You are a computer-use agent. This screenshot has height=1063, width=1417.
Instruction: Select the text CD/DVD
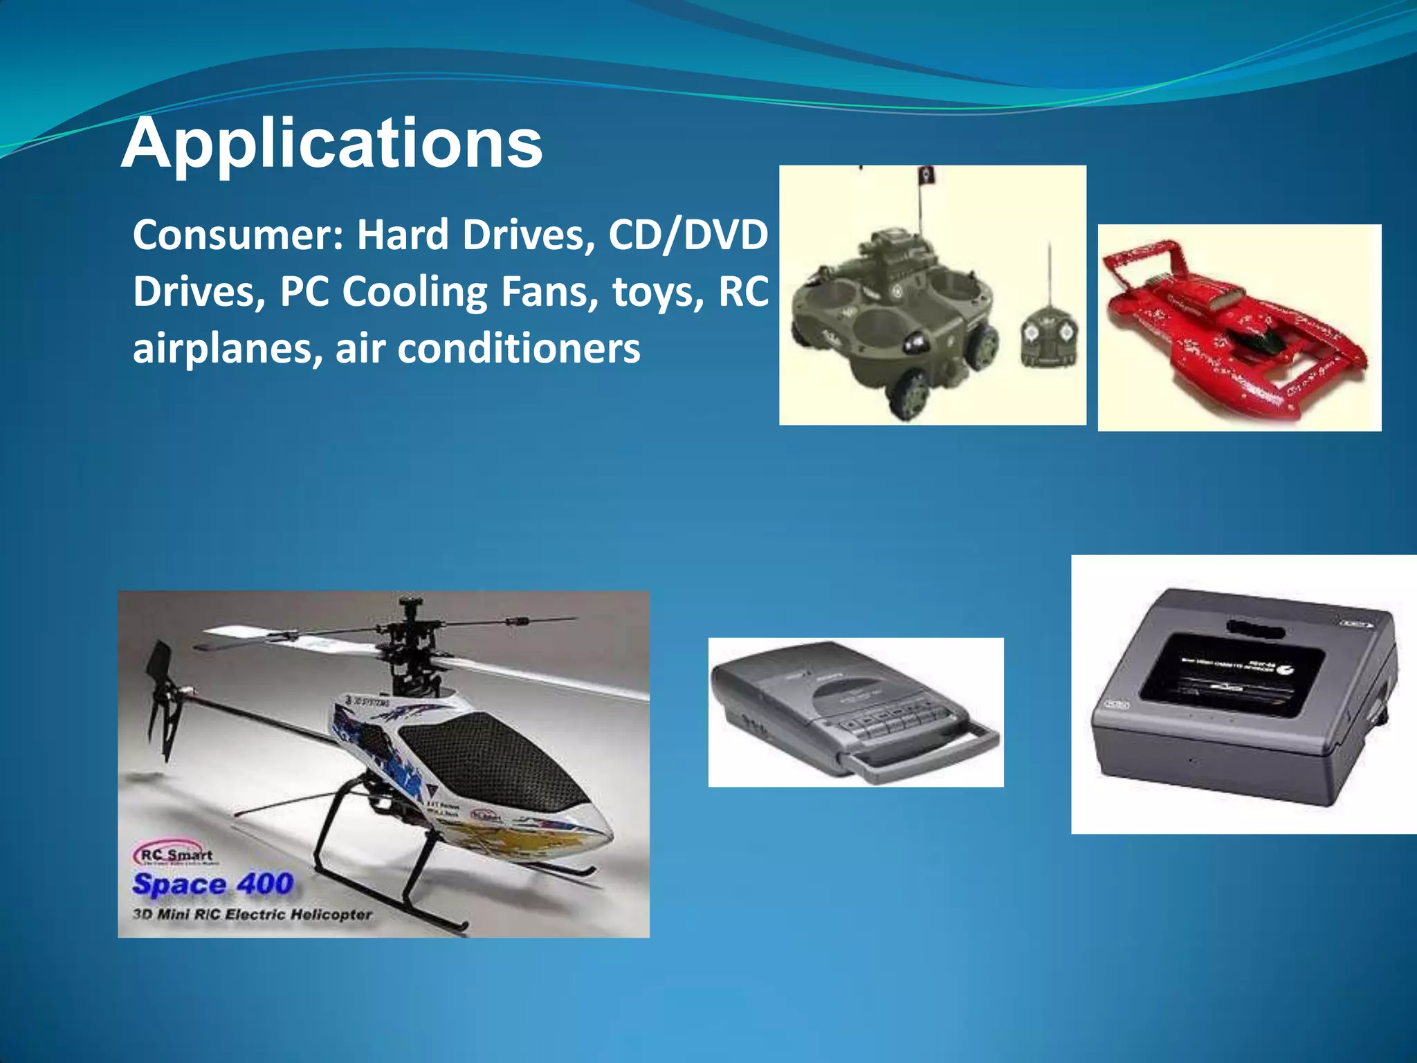pyautogui.click(x=688, y=235)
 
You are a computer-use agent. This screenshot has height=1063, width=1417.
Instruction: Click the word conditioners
pyautogui.click(x=518, y=349)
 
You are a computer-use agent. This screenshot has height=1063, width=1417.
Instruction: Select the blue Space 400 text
pyautogui.click(x=213, y=884)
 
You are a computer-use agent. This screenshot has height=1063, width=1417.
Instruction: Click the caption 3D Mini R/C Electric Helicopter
pyautogui.click(x=252, y=915)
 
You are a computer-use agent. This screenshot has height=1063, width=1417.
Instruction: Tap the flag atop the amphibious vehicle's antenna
pyautogui.click(x=926, y=176)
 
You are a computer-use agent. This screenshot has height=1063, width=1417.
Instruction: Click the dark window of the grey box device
pyautogui.click(x=1232, y=671)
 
